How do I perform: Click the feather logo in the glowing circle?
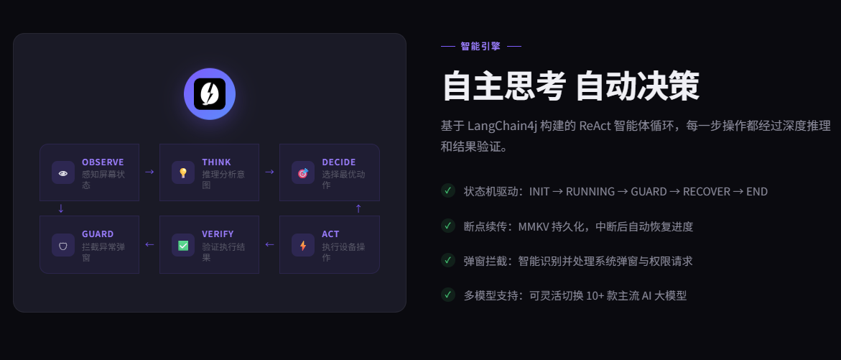(210, 94)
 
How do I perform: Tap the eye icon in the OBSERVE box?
(63, 172)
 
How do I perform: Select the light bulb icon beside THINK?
(183, 172)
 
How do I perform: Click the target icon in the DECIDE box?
(303, 172)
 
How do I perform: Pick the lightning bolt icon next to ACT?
(303, 245)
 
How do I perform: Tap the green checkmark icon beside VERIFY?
(183, 245)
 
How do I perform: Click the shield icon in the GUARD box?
(63, 245)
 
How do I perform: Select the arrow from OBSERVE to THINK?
(149, 172)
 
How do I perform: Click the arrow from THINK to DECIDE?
(269, 172)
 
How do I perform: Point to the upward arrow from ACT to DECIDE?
(358, 208)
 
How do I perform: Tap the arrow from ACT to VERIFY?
(269, 244)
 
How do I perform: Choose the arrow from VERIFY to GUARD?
(149, 244)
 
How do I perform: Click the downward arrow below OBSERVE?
(61, 208)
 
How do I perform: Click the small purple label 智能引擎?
(480, 46)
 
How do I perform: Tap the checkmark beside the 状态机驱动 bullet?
(448, 190)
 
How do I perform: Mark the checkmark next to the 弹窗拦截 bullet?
(448, 260)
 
